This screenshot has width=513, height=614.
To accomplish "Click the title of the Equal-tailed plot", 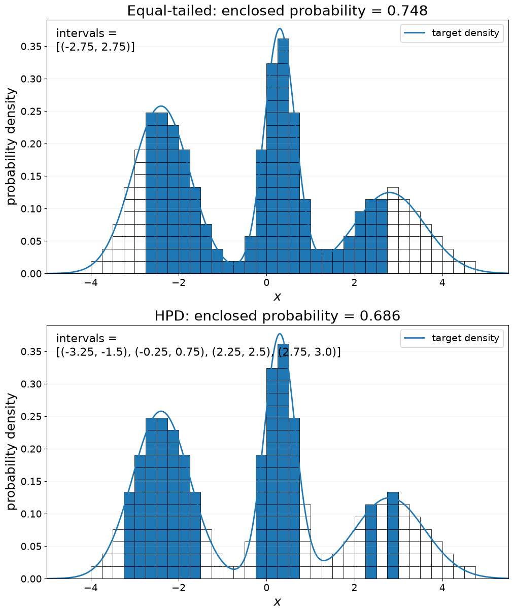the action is pos(277,11).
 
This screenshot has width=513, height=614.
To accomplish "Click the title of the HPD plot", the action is pos(277,316).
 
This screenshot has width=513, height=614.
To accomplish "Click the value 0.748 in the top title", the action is pos(407,11).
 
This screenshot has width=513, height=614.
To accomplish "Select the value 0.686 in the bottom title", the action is pos(380,316).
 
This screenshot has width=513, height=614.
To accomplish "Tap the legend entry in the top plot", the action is pos(452,33).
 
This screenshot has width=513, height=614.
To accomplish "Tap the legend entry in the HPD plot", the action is pos(452,338).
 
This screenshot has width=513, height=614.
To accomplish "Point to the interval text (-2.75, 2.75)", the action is pos(96,47).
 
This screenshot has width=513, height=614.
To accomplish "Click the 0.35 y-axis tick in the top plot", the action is pos(31,47).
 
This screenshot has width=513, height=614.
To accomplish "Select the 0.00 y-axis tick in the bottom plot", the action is pos(31,579).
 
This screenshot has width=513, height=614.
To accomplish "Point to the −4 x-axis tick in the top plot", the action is pos(91,282).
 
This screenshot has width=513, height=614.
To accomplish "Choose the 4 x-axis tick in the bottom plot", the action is pos(442,588).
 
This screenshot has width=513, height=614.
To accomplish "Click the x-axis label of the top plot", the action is pos(277,297).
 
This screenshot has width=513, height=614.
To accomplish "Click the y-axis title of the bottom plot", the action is pos(11,452).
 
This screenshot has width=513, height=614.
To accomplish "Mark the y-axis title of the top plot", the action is pos(11,147).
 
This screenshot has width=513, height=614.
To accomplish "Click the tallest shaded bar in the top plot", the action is pos(283,156).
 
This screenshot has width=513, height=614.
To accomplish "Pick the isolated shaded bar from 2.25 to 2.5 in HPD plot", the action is pos(371,541).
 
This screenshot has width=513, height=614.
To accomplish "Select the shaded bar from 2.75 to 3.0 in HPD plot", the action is pos(393,535).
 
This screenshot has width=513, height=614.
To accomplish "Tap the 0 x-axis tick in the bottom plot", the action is pos(266,588).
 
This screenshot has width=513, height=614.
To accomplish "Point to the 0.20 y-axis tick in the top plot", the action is pos(31,144).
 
